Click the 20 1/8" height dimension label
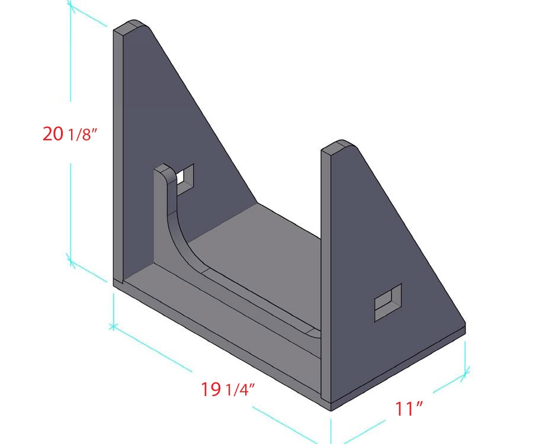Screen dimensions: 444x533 click(x=69, y=134)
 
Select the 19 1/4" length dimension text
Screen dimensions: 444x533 click(x=228, y=390)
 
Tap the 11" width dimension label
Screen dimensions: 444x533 click(x=409, y=408)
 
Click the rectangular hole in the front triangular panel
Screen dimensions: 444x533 click(x=388, y=303)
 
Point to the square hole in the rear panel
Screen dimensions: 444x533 click(x=185, y=176)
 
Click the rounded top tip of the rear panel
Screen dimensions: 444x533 click(x=134, y=26)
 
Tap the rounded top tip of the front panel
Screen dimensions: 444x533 click(x=340, y=144)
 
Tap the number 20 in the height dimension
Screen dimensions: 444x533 click(x=53, y=134)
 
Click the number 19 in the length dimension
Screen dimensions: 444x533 click(x=210, y=390)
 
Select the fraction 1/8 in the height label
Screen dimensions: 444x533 click(x=82, y=135)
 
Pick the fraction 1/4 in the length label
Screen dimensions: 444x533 click(x=240, y=390)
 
